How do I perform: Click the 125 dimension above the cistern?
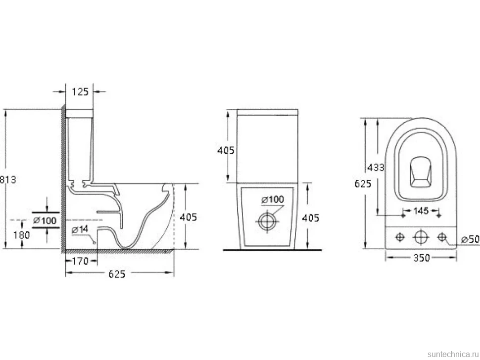tap(80, 91)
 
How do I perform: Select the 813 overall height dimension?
tap(8, 179)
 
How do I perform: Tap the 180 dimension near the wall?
tap(22, 235)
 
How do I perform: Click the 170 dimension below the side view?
tap(80, 261)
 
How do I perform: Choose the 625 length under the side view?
tap(117, 274)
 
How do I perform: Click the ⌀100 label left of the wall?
tap(45, 220)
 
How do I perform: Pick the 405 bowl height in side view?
tap(188, 217)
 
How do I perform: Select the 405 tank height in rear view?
tap(226, 150)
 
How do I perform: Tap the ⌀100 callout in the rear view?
tap(273, 200)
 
